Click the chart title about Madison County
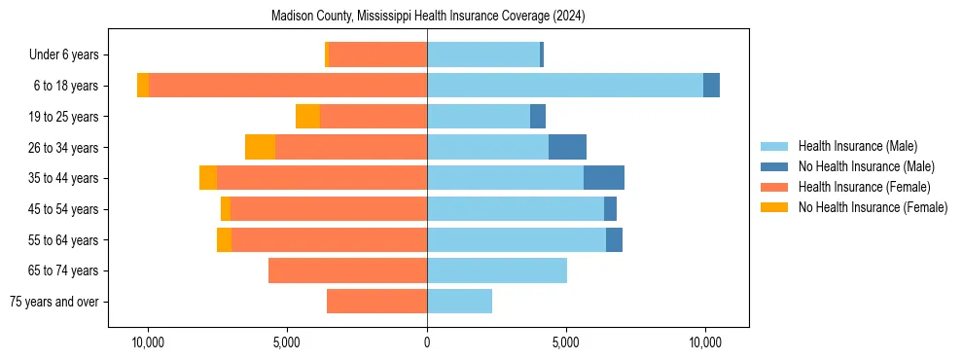(428, 16)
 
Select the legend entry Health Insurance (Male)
(857, 146)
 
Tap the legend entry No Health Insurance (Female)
(873, 207)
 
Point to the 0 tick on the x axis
(427, 343)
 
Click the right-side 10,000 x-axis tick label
(705, 343)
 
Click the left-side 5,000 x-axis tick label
(288, 343)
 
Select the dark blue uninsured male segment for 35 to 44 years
(604, 178)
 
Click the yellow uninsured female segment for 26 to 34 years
(260, 147)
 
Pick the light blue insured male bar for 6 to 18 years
(565, 86)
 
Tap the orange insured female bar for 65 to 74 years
(347, 270)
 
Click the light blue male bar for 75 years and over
(459, 302)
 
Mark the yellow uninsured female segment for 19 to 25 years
(307, 117)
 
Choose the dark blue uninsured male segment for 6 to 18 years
(711, 86)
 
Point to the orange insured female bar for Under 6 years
(377, 54)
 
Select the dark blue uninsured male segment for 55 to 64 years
(614, 239)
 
